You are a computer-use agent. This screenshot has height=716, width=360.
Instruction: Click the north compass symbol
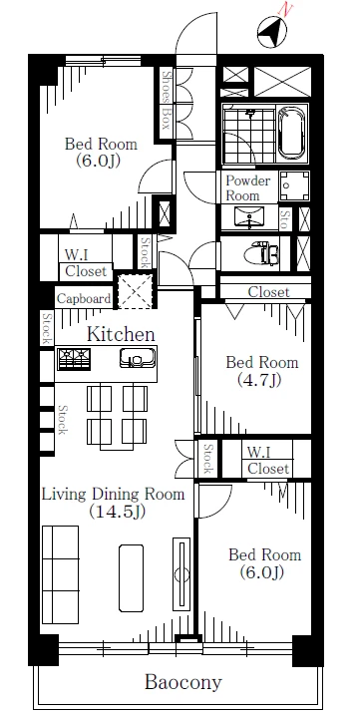pos(272,32)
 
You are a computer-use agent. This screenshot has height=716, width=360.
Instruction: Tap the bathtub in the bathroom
pos(292,133)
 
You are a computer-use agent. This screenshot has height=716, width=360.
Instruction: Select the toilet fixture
pos(264,253)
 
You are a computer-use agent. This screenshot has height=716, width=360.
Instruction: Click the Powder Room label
pos(248,187)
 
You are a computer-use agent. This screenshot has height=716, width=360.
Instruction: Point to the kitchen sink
pos(138,358)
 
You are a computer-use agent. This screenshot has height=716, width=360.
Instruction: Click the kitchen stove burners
pos(74,359)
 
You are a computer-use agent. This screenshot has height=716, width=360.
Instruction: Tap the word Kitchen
pos(121,334)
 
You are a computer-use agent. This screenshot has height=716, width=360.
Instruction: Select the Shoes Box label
pos(167,101)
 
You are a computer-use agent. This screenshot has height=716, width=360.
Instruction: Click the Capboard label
pos(84,299)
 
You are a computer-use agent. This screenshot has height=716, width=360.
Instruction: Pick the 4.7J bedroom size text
pos(259,380)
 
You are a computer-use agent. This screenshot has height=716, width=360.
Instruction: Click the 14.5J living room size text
pos(118,512)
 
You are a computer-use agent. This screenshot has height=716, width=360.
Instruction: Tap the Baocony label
pos(183,682)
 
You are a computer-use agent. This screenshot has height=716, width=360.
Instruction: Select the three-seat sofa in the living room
pos(60,574)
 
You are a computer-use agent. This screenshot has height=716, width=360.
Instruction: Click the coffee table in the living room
pos(131,577)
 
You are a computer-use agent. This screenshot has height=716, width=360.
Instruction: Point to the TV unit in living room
pos(181,574)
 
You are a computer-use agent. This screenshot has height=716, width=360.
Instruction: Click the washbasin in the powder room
pos(249,216)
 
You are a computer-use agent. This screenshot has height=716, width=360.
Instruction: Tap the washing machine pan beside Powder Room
pos(294,185)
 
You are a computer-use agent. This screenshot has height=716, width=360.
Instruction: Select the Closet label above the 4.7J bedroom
pos(268,292)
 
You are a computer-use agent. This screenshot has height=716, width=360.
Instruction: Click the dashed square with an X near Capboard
pos(135,290)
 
